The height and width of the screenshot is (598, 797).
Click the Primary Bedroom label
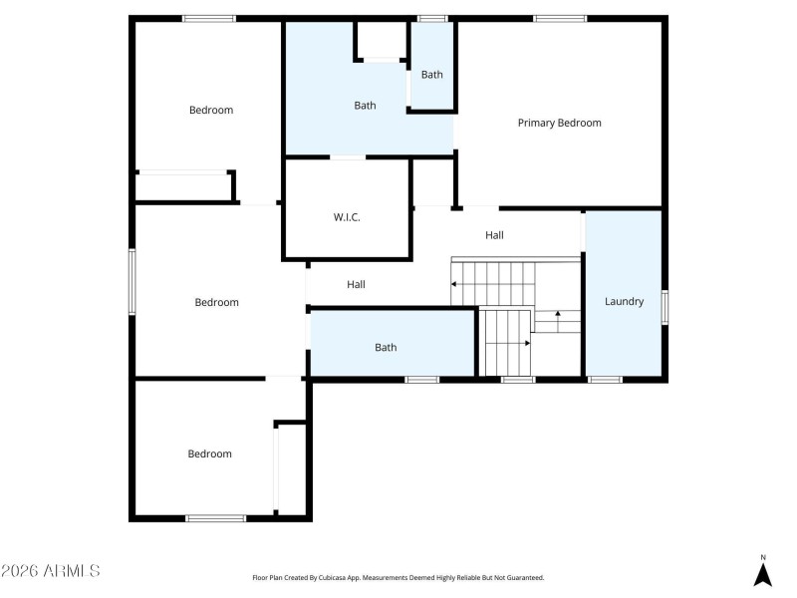pos(559,123)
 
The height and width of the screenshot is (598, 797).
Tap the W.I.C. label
pos(347,217)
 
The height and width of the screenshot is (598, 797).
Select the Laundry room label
pos(624,301)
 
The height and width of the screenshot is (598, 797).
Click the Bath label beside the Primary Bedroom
pos(431,75)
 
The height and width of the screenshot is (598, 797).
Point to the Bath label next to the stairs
pos(386,347)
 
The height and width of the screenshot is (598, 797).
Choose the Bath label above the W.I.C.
pos(365,105)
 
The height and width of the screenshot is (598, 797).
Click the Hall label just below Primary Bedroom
pos(494,235)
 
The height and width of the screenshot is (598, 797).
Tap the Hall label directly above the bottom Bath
pos(356,284)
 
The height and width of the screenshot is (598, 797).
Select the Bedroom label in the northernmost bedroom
pos(211,110)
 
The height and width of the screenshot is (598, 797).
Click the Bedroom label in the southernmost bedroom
pos(210,453)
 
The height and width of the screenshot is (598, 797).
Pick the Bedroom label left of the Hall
pos(216,302)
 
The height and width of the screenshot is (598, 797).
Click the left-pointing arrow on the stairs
pos(455,284)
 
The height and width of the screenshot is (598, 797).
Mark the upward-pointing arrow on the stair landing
pos(558,315)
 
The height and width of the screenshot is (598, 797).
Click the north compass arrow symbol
pos(763,573)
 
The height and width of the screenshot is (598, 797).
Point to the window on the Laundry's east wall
pos(664,307)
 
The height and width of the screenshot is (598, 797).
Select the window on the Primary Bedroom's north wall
pos(560,18)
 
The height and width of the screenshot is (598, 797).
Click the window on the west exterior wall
pos(132,282)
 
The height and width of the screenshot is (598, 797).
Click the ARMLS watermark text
pos(51,571)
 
